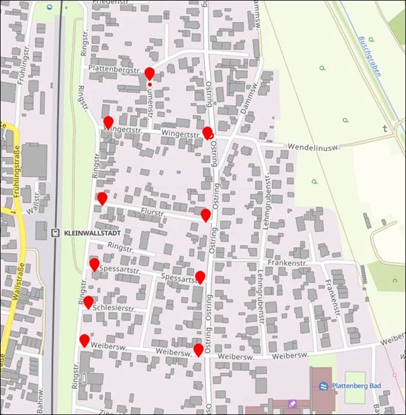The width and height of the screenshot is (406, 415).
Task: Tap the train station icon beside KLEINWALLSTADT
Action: (54, 234)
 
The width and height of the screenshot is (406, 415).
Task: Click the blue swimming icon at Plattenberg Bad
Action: (323, 386)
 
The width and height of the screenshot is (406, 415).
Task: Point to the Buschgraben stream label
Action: (369, 57)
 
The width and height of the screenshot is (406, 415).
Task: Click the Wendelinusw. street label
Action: (314, 146)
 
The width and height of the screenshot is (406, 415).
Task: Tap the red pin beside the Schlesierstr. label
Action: (88, 302)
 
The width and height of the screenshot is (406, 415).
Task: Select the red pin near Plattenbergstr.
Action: (150, 73)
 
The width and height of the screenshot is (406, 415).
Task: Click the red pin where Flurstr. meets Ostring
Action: (205, 215)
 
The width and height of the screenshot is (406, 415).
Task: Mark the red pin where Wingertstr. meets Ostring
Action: (207, 132)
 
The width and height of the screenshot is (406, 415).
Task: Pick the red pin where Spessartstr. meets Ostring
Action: (200, 277)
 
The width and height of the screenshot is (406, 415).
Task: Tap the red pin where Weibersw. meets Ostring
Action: (198, 349)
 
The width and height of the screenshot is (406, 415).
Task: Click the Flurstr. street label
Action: (153, 212)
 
